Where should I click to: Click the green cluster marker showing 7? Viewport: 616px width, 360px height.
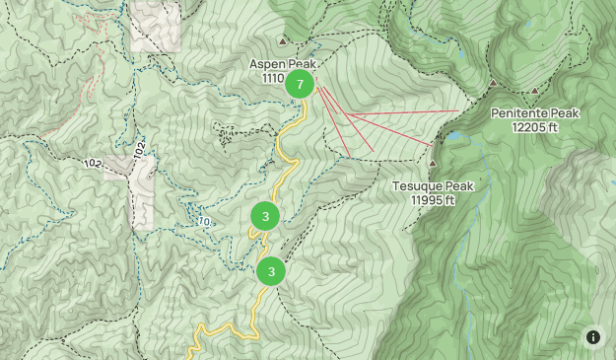(300, 84)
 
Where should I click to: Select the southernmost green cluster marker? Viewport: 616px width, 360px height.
(271, 270)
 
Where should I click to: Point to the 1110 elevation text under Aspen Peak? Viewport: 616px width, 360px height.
(273, 78)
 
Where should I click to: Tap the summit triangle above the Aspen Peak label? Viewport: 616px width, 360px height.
(283, 41)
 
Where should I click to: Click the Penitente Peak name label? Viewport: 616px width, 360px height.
(535, 113)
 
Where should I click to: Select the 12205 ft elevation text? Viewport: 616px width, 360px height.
(535, 127)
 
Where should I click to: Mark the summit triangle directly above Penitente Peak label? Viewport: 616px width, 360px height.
(493, 83)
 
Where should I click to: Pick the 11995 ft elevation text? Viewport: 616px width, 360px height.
(434, 200)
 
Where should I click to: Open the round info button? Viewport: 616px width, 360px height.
(593, 337)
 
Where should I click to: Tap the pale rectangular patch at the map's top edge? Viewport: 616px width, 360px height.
(156, 25)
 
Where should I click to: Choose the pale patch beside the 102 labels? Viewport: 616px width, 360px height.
(140, 192)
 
